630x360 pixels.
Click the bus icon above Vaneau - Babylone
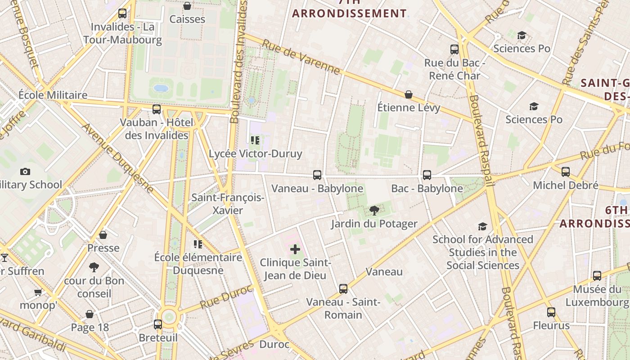coord(317,175)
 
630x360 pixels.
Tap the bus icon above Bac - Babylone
coord(427,175)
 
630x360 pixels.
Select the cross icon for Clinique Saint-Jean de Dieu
coord(295,249)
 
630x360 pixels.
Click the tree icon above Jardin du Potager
coord(374,210)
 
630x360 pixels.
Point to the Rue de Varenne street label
coord(301,57)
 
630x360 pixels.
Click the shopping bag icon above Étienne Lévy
coord(409,94)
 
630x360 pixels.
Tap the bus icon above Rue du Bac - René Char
coord(454,49)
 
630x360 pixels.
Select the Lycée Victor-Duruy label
coord(255,153)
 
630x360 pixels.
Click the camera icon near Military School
coord(25,171)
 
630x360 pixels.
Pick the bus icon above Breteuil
coord(158,324)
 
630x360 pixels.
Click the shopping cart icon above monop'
coord(38,292)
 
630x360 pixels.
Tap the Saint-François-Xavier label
coord(228,204)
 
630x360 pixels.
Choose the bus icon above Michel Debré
coord(566,172)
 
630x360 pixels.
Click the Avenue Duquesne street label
coord(118,158)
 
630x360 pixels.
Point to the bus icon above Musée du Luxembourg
coord(597,276)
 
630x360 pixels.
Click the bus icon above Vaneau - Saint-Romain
coord(343,289)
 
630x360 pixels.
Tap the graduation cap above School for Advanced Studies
coord(482,226)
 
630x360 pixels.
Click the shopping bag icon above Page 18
coord(90,314)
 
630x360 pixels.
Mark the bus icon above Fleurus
coord(551,312)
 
